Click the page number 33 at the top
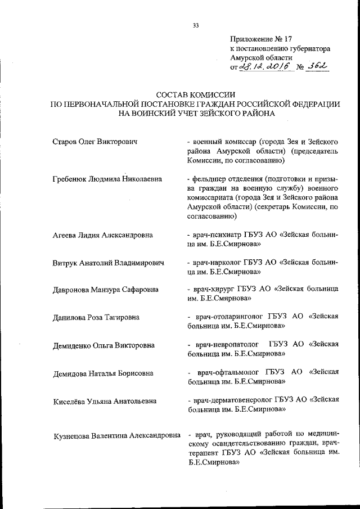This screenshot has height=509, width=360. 196,25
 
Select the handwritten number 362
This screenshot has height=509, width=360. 316,67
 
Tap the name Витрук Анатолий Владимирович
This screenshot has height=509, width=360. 107,263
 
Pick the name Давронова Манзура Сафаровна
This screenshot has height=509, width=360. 105,290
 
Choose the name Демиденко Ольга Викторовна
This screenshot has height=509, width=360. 103,345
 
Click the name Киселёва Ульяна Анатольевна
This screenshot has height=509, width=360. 105,401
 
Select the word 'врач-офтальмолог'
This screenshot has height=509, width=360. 231,372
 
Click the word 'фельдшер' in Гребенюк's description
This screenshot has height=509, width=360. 210,179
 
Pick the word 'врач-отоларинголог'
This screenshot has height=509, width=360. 231,317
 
